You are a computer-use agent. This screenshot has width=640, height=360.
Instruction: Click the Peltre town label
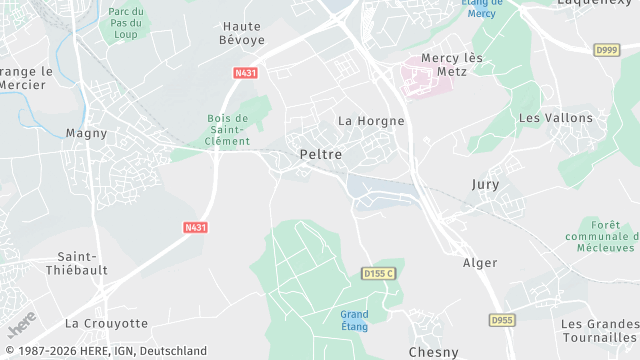(320, 155)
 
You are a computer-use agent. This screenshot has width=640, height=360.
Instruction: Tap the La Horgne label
(371, 121)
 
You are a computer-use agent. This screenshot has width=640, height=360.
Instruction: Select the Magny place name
(86, 133)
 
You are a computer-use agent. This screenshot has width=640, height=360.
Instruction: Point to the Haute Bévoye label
(242, 33)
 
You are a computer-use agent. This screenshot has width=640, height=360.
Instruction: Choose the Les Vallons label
(556, 118)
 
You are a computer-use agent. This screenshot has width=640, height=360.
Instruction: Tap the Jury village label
(485, 185)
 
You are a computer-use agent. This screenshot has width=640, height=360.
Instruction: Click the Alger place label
(480, 263)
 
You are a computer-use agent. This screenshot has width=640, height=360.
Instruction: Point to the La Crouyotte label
(106, 324)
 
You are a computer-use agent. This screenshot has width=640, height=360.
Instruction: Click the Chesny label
(434, 352)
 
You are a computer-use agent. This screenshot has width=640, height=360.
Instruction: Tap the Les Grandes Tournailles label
(599, 332)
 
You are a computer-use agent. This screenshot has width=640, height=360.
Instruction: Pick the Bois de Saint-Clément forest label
(228, 130)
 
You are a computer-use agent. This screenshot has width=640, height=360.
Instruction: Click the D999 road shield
(606, 49)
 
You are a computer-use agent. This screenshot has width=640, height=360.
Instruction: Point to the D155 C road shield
(378, 273)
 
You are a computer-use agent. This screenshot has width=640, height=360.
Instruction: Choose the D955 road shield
(502, 320)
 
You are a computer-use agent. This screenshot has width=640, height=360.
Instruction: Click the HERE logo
(21, 323)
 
